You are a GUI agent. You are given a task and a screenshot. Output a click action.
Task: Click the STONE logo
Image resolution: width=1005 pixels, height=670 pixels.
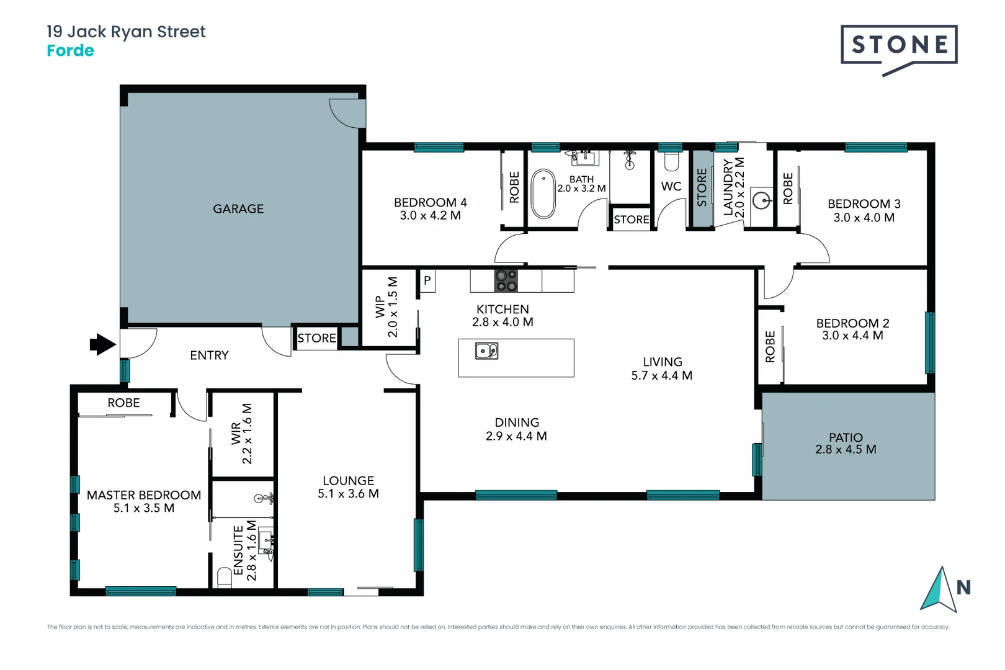point(899,45)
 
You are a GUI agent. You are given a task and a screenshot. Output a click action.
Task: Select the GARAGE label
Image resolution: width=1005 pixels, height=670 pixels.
point(238,209)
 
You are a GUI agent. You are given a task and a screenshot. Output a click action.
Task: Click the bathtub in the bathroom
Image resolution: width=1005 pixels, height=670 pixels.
point(543,194)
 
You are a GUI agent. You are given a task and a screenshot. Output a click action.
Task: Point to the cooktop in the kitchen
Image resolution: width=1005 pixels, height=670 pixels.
point(506,280)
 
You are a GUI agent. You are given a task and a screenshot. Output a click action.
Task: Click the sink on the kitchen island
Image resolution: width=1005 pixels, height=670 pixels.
point(486,351)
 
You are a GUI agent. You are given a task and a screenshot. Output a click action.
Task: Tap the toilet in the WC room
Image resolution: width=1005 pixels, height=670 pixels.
point(671,163)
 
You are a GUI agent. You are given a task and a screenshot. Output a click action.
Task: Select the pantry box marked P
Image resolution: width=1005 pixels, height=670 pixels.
point(427,280)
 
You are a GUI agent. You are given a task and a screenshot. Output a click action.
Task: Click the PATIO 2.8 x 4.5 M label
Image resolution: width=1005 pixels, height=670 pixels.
point(846,444)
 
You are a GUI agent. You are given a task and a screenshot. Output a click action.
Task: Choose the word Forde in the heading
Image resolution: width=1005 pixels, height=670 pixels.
point(70,51)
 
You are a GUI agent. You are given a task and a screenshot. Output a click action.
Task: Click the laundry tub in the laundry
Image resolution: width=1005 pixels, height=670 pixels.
point(761,200)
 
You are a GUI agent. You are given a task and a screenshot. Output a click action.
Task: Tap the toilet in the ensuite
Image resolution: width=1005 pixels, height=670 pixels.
point(225,577)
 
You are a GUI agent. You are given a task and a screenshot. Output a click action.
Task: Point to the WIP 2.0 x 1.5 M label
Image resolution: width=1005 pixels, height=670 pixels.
point(386,307)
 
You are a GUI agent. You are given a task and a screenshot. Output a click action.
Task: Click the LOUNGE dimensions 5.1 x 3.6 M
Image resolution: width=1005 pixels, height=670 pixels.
point(348,494)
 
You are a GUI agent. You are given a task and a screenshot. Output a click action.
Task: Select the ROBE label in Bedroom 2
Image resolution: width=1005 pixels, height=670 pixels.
point(770,347)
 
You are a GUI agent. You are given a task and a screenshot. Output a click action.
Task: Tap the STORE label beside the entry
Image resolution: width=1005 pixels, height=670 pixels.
point(316,338)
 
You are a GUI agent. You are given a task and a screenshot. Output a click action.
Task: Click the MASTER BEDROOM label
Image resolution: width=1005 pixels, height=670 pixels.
point(144,495)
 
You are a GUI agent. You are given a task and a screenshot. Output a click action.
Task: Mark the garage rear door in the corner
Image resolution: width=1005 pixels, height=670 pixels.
point(348,112)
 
